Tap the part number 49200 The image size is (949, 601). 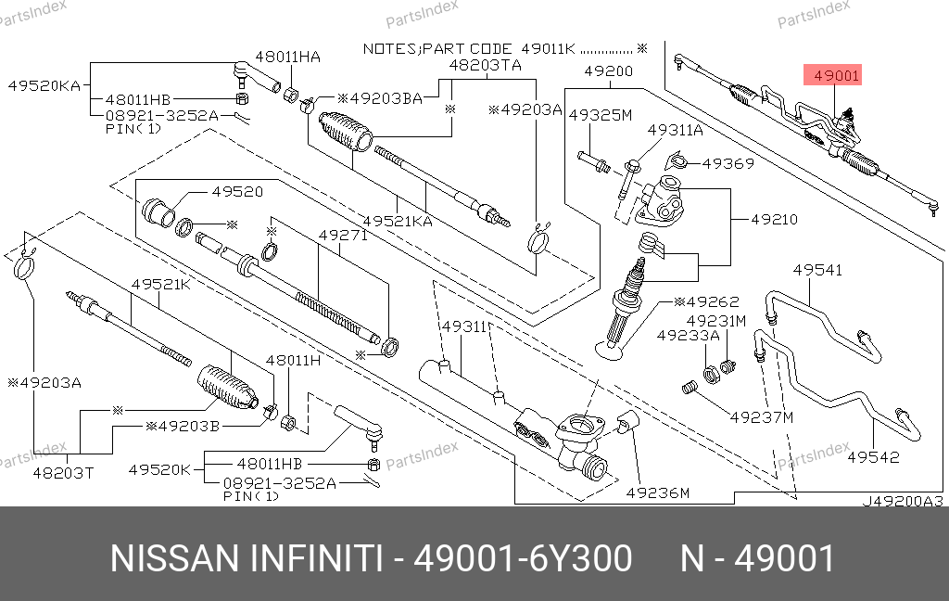coord(608,71)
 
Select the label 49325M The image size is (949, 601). coord(600,115)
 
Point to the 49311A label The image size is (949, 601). coord(675,131)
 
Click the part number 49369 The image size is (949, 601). coord(728,163)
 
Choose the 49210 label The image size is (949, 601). coord(774,220)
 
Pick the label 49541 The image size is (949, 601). coord(817,270)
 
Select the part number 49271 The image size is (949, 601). coord(343,236)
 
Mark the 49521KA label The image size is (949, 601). coord(398,222)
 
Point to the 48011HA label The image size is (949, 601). coord(288,57)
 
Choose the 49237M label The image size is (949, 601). coord(762,416)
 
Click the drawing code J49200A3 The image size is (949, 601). coord(903,501)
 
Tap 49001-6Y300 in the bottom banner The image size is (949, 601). coord(523,559)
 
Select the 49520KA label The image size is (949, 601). coord(44,85)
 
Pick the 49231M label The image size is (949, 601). coord(715,321)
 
